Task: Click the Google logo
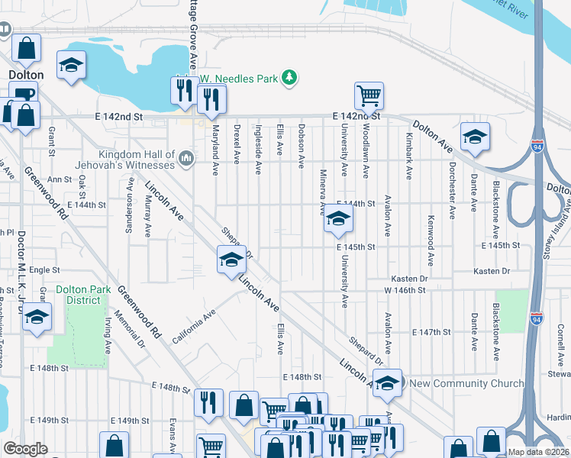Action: [x=26, y=449]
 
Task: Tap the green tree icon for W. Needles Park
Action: [x=289, y=77]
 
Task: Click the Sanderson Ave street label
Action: [x=127, y=218]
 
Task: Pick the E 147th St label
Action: [x=433, y=333]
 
